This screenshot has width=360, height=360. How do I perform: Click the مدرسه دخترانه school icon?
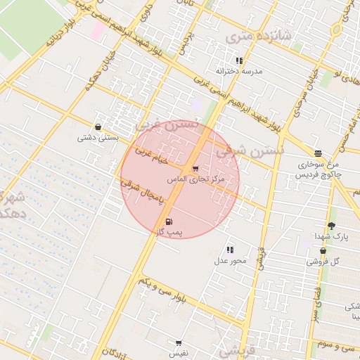(240, 61)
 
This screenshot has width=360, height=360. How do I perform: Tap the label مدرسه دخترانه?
(239, 72)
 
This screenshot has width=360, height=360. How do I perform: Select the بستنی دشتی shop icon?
(97, 127)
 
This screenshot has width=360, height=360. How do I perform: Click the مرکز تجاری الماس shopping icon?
(195, 169)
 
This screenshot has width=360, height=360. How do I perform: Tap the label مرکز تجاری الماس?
(195, 180)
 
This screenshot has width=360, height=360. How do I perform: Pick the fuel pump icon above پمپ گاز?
(168, 221)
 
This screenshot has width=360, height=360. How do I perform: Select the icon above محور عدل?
(230, 250)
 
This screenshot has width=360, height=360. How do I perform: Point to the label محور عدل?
(231, 261)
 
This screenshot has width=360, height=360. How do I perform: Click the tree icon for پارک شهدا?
(331, 226)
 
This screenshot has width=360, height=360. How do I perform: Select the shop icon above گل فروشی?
(323, 251)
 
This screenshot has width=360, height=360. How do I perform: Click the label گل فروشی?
(323, 262)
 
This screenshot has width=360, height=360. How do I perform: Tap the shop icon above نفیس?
(179, 343)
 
